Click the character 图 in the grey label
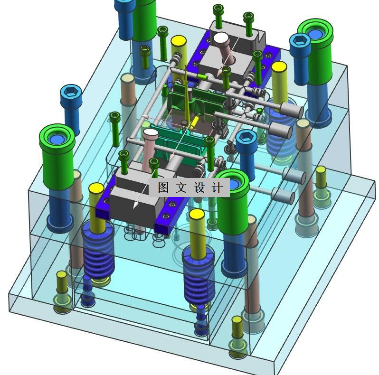coord(163,187)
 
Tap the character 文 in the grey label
coord(181,187)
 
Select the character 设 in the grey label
coord(199,187)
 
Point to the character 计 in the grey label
coord(218,187)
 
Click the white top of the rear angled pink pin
coord(221,38)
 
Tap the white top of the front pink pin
coord(151,132)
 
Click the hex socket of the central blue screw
coord(246,138)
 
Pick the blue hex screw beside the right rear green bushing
coord(300,59)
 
